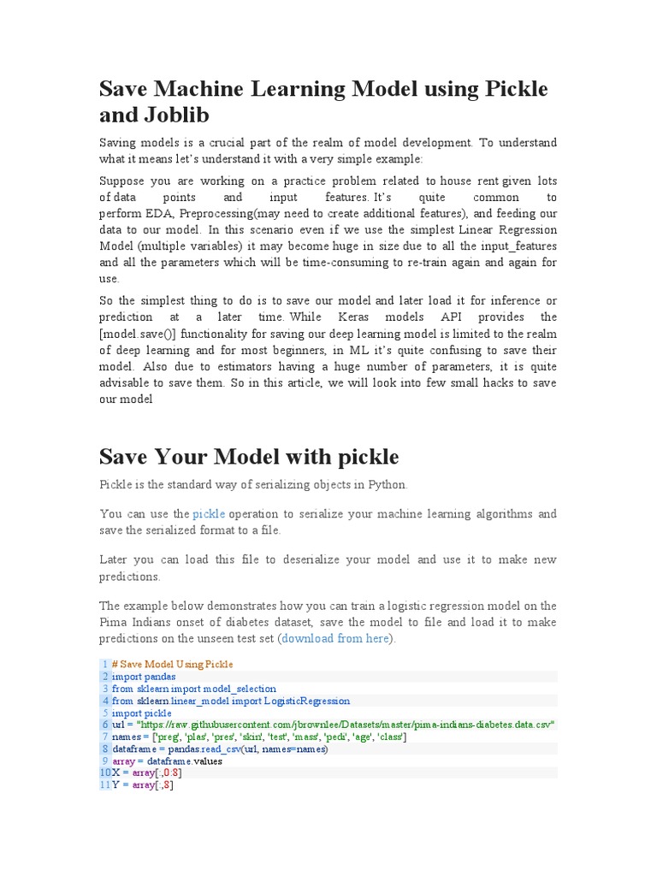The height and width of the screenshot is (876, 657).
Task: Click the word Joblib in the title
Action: point(181,115)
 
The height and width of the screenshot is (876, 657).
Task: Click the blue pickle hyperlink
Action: point(209,514)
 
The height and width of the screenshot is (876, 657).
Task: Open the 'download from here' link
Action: point(335,639)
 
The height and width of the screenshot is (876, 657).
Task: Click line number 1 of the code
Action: point(104,665)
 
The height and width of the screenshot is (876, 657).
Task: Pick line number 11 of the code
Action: point(104,785)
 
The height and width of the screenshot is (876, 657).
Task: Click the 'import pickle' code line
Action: point(142,713)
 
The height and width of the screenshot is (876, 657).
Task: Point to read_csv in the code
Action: point(220,749)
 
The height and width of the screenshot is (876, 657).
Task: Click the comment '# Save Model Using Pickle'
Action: point(172,665)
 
